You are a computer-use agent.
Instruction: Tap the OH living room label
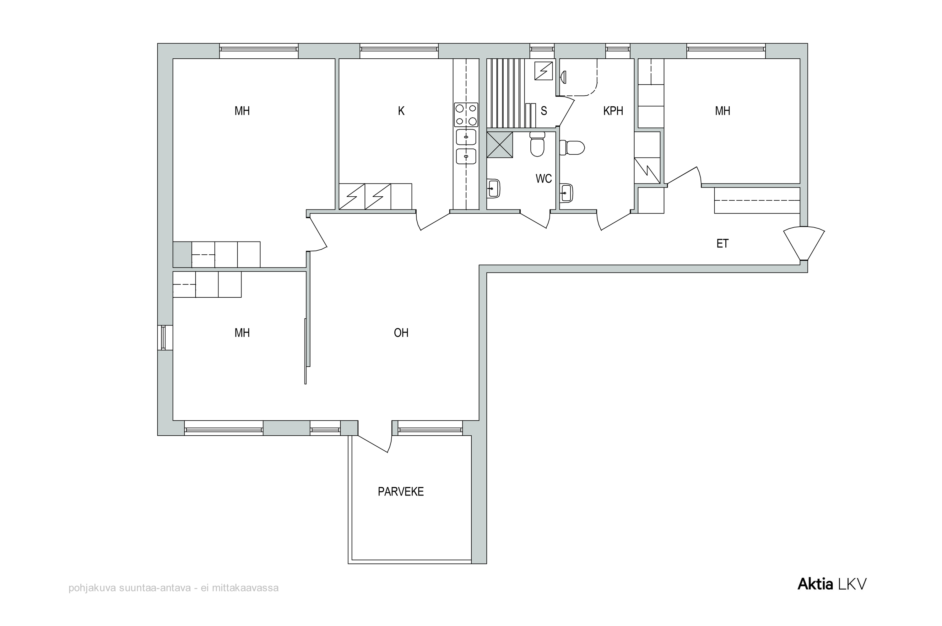401,332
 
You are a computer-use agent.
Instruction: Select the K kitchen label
401,111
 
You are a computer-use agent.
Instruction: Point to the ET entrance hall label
722,244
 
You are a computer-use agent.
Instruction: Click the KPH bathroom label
613,111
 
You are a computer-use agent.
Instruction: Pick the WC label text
544,179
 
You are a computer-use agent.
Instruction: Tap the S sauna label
544,111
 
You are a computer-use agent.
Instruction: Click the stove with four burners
466,115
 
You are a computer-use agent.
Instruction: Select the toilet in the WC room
537,144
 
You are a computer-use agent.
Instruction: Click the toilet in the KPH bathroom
572,148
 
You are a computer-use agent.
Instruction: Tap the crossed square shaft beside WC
500,145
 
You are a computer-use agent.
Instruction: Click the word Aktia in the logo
815,584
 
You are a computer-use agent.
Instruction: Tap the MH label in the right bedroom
722,111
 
